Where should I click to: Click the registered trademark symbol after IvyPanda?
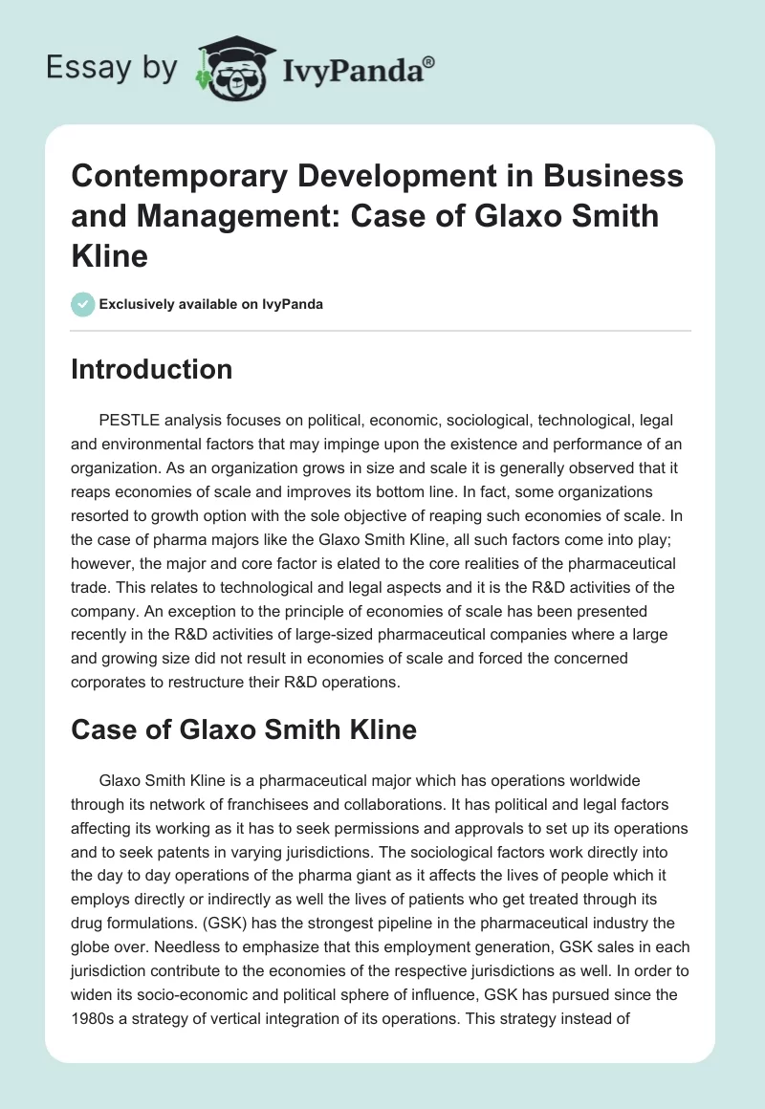429,62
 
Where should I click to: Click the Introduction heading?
151,369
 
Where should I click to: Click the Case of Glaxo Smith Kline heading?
244,730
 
